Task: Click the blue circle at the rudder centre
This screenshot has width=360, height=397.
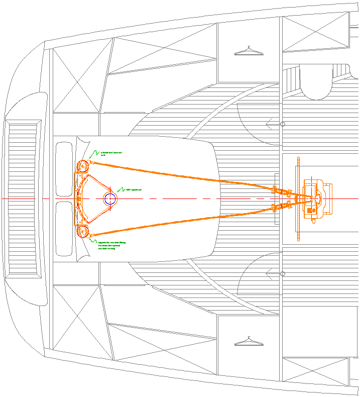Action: tap(110, 199)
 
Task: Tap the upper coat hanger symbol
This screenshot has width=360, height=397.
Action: tap(249, 50)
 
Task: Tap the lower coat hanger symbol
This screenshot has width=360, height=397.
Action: tap(249, 341)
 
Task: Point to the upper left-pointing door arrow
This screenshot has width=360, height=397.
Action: tap(272, 123)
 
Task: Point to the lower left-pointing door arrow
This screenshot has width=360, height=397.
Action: tap(272, 274)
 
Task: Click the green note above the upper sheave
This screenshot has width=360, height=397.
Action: tap(111, 154)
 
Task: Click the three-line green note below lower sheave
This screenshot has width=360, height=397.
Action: tap(111, 245)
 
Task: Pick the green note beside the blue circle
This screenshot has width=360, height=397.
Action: tap(134, 189)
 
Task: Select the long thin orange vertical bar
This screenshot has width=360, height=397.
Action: tap(300, 199)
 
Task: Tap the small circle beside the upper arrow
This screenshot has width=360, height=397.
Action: tap(283, 124)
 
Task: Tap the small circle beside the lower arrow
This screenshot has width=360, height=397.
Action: tap(283, 274)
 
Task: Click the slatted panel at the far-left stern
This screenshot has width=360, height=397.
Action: tap(23, 198)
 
